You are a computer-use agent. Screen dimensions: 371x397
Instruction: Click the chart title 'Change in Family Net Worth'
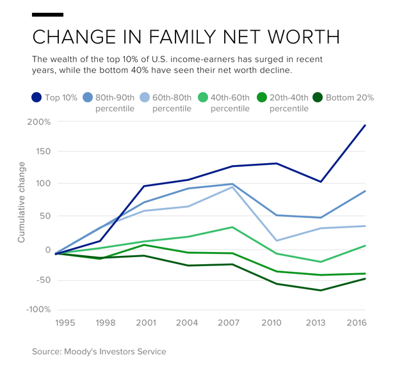click(186, 36)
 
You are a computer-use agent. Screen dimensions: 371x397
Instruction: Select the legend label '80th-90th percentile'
click(115, 103)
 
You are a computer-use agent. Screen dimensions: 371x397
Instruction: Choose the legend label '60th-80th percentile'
click(172, 103)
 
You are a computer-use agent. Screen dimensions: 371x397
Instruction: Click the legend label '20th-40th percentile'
click(289, 103)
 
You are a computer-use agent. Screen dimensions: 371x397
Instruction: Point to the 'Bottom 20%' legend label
click(350, 98)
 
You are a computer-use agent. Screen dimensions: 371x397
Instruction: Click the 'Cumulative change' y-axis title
click(21, 203)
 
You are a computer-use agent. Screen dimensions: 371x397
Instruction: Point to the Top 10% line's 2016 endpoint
click(365, 125)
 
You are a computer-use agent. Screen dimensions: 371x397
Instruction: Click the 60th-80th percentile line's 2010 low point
click(275, 241)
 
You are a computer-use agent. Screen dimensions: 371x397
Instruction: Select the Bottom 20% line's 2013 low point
click(321, 290)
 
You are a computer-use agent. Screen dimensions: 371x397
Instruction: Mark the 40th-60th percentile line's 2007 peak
click(232, 227)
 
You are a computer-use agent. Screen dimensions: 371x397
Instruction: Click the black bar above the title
click(47, 13)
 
